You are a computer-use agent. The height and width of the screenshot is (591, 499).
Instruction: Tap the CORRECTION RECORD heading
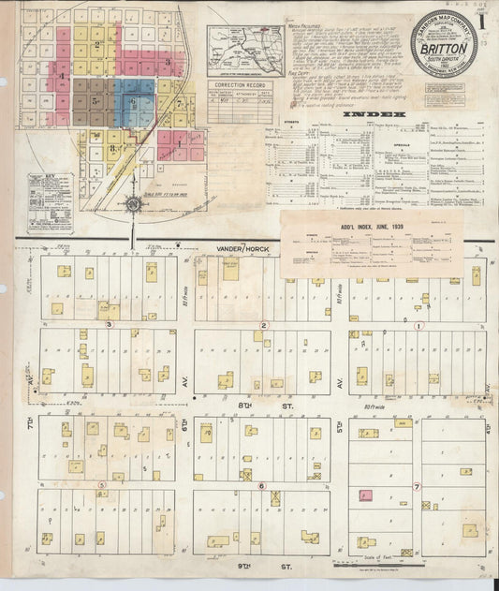click(x=231, y=84)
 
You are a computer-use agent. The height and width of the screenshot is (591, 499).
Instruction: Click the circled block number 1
click(x=418, y=326)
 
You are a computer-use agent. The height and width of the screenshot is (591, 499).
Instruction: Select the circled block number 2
click(x=264, y=325)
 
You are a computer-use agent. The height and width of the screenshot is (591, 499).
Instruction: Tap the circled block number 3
click(x=110, y=325)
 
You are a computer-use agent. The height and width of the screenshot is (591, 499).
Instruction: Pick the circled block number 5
click(x=101, y=485)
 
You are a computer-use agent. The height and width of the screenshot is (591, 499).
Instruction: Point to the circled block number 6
click(x=262, y=485)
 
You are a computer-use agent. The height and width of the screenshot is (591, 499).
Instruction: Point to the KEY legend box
click(x=38, y=202)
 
